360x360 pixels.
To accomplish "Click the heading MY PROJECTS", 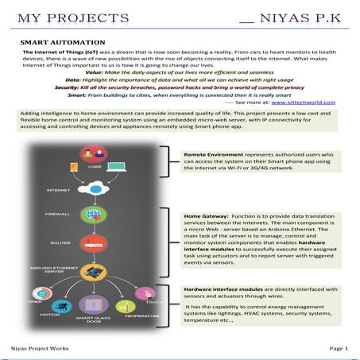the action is pos(60,17).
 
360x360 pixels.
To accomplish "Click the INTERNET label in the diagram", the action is pos(59,191).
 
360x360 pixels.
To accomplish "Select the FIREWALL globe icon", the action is pos(95,215).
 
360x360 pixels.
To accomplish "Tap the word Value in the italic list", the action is pos(95,72).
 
